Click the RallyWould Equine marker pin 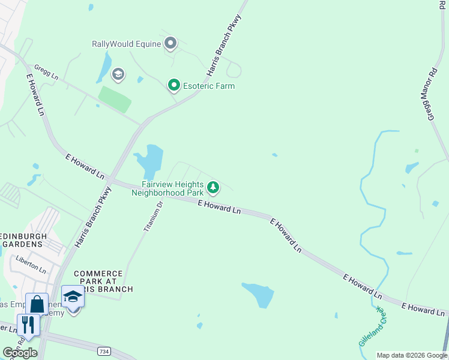[170, 43]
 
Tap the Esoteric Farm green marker [174, 86]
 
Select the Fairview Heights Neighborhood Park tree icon [212, 188]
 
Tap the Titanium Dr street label [153, 217]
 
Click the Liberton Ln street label [31, 265]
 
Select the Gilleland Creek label [372, 326]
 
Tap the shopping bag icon [37, 304]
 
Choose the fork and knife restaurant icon [28, 324]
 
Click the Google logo [20, 353]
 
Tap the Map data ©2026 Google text [412, 355]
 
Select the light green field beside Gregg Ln [115, 99]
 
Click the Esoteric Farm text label [209, 86]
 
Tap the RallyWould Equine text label [127, 44]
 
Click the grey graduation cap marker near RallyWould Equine [118, 74]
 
